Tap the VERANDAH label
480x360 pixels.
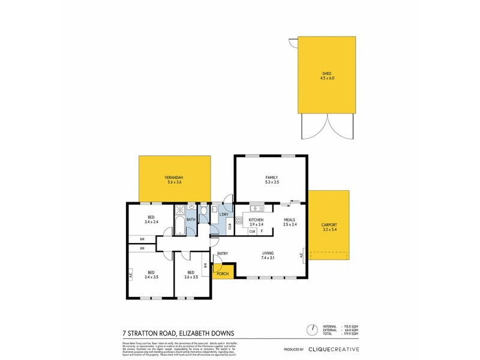[x=174, y=178]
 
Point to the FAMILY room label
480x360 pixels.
[x=272, y=178]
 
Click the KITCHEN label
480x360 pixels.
[x=256, y=220]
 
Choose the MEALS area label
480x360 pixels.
[x=290, y=220]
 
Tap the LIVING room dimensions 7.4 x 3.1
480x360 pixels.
[x=268, y=258]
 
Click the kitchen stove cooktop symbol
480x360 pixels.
[x=238, y=220]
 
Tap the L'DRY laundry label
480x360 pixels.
[x=223, y=214]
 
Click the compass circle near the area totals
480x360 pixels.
[x=312, y=329]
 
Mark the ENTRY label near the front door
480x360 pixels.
[x=223, y=254]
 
